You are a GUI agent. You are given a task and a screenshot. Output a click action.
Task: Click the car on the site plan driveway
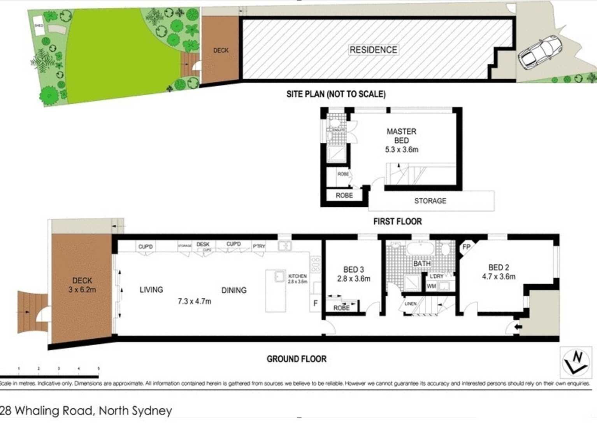click(x=539, y=52)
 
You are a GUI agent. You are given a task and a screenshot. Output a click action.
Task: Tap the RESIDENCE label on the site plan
click(x=373, y=50)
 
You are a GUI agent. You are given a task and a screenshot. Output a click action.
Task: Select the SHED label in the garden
click(x=39, y=26)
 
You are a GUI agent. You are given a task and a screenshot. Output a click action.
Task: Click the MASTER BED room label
click(x=401, y=136)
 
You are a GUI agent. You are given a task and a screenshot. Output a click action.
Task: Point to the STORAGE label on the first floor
click(x=430, y=201)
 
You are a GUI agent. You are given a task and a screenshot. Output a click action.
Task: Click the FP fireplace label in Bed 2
click(x=466, y=247)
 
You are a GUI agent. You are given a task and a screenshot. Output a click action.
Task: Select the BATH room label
click(x=421, y=264)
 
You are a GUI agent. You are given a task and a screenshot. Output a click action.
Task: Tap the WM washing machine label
click(x=431, y=286)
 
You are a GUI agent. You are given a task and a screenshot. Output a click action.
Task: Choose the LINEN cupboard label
click(x=411, y=304)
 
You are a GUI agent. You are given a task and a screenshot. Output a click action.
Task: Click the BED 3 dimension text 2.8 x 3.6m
click(x=353, y=278)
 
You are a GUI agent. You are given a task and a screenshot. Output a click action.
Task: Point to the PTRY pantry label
click(x=259, y=246)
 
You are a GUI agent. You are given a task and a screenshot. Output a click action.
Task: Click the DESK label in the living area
click(x=203, y=244)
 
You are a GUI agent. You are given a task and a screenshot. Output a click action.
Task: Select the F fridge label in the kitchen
click(x=315, y=303)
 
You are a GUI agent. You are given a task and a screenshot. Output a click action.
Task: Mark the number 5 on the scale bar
click(x=98, y=368)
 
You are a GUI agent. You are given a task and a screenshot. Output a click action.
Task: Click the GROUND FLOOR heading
click(x=296, y=359)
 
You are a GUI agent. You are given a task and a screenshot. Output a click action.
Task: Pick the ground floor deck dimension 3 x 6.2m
click(x=82, y=290)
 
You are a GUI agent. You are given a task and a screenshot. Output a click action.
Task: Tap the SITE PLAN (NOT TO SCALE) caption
click(x=336, y=94)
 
